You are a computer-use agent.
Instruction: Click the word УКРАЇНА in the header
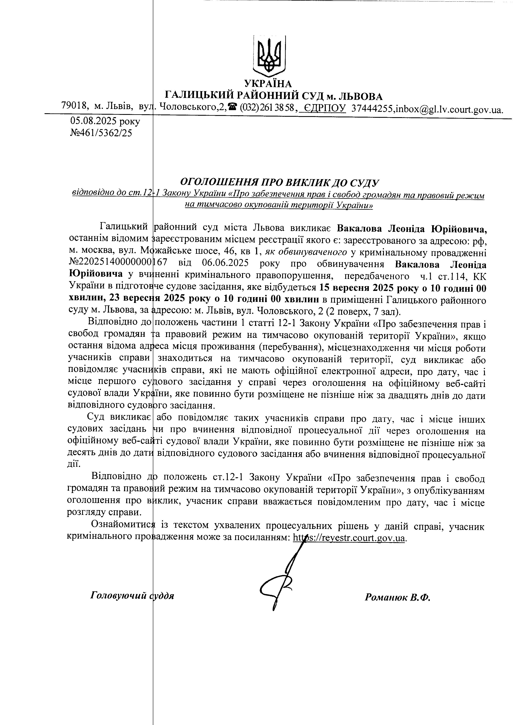[268, 84]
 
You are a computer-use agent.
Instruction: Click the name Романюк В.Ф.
[398, 597]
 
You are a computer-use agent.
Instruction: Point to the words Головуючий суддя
[132, 595]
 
